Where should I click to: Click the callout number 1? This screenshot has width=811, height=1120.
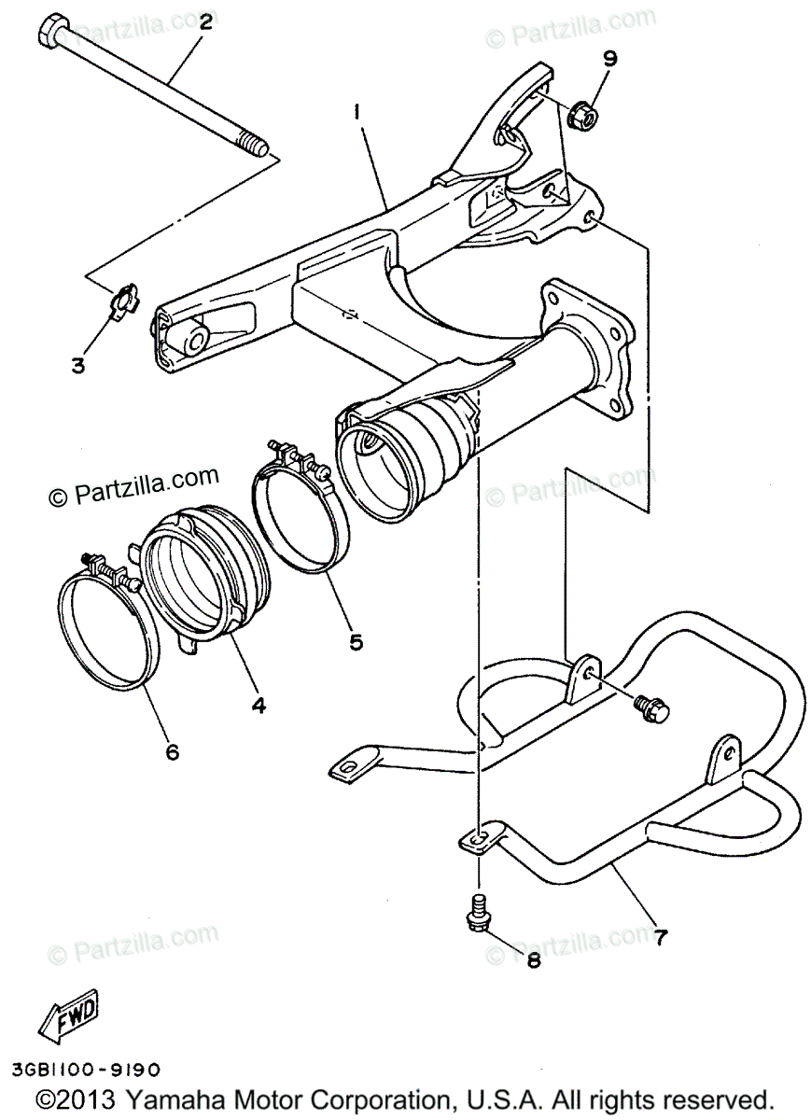pyautogui.click(x=357, y=111)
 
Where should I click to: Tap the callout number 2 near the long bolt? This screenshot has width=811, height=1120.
pyautogui.click(x=205, y=21)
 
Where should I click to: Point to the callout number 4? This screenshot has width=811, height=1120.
pyautogui.click(x=258, y=706)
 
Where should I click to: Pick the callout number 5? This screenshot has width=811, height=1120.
pyautogui.click(x=357, y=642)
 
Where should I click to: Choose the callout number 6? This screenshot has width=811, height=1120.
pyautogui.click(x=172, y=749)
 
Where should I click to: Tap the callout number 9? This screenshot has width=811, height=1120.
pyautogui.click(x=609, y=59)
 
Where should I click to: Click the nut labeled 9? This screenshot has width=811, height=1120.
pyautogui.click(x=583, y=115)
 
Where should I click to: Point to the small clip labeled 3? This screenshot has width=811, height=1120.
pyautogui.click(x=122, y=302)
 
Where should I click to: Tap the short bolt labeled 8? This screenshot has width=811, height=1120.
pyautogui.click(x=478, y=910)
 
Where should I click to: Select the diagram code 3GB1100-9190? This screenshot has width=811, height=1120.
pyautogui.click(x=88, y=1068)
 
